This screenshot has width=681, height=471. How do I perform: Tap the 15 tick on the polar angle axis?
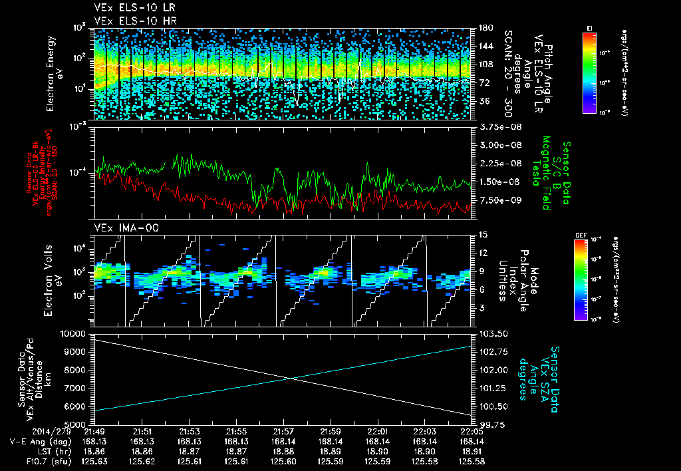[482, 235]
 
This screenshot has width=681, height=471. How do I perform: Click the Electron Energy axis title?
[55, 73]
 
